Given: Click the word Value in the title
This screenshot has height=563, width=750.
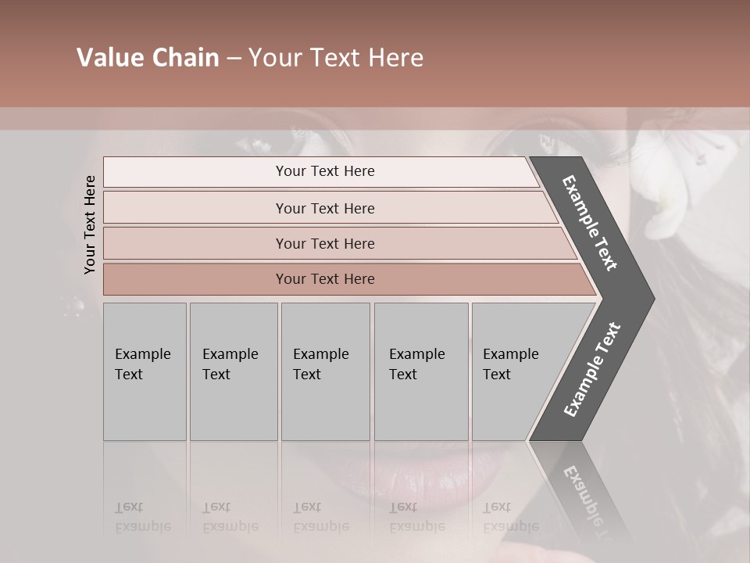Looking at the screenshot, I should pyautogui.click(x=107, y=58).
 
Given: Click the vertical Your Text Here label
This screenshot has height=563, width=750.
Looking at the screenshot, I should pyautogui.click(x=90, y=224).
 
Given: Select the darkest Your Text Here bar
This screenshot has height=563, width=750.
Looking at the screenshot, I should pyautogui.click(x=324, y=279).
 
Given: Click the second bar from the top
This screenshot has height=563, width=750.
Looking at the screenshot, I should pyautogui.click(x=324, y=208).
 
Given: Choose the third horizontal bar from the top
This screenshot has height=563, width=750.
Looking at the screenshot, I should pyautogui.click(x=324, y=243).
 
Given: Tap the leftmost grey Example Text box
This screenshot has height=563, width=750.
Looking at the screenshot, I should pyautogui.click(x=145, y=371).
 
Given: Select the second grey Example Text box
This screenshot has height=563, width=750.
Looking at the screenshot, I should pyautogui.click(x=233, y=371).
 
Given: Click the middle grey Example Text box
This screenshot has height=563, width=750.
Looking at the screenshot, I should pyautogui.click(x=325, y=371).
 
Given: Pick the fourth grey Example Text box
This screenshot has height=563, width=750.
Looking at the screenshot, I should pyautogui.click(x=420, y=371).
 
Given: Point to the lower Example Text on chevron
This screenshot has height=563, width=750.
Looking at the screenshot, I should pyautogui.click(x=592, y=369).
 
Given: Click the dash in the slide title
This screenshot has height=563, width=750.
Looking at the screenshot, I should pyautogui.click(x=233, y=59).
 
